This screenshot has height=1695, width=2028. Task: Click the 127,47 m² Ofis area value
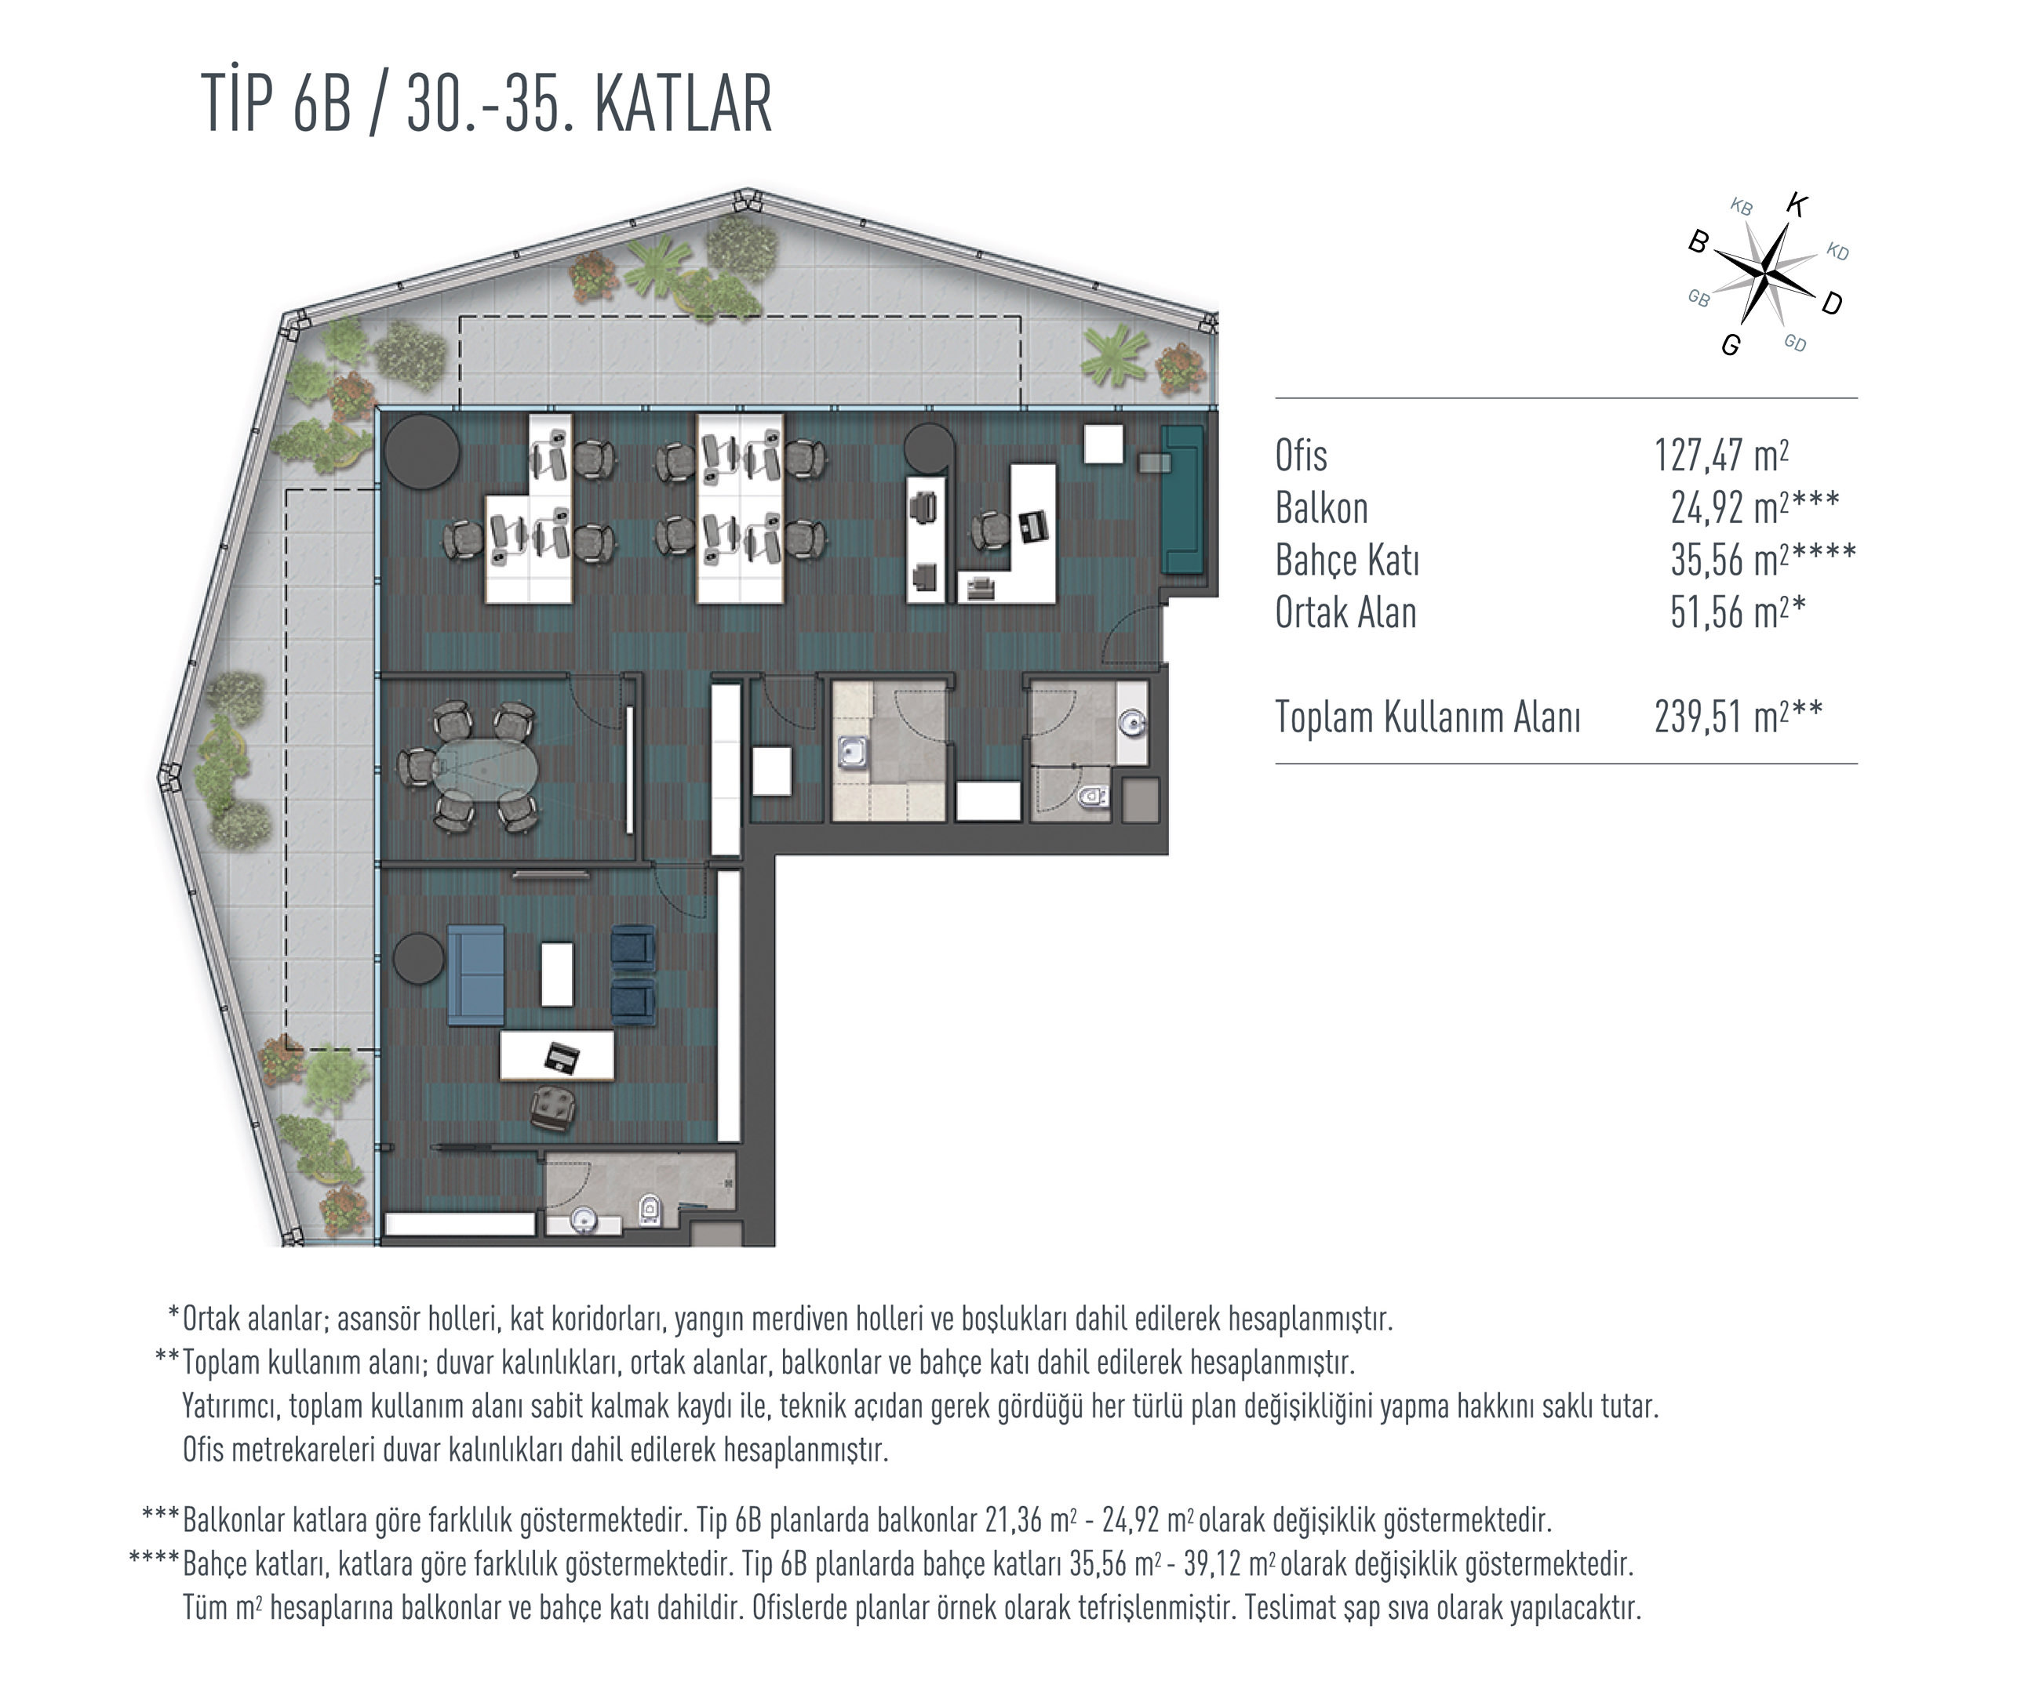click(1721, 455)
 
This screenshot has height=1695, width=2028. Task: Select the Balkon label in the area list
click(1321, 508)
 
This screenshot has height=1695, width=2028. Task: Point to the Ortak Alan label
click(1345, 613)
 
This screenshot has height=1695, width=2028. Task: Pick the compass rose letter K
click(1797, 205)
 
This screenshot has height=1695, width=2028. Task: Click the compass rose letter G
click(1731, 346)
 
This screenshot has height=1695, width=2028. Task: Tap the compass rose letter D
click(1832, 304)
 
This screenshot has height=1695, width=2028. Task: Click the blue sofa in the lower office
click(475, 975)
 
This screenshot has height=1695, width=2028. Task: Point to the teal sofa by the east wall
click(1182, 500)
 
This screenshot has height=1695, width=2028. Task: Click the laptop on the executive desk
click(561, 1058)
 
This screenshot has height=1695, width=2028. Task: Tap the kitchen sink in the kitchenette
click(850, 752)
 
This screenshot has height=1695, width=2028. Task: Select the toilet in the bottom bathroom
click(650, 1208)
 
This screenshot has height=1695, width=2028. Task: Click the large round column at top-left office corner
click(421, 451)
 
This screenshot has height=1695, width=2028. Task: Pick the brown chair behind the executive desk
click(553, 1105)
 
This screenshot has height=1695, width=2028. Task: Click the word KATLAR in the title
click(684, 103)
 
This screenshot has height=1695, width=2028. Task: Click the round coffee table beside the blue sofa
click(419, 959)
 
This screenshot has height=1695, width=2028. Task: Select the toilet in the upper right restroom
click(1092, 797)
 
